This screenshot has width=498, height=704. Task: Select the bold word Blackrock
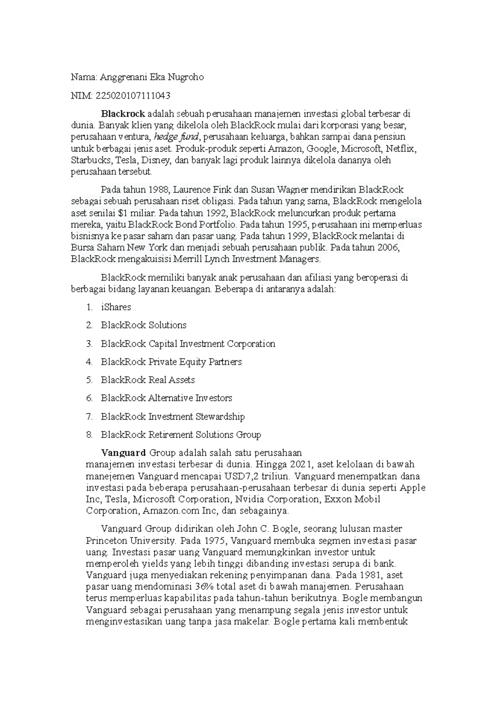click(123, 113)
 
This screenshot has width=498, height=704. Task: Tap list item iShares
click(116, 307)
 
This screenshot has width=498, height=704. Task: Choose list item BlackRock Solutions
click(144, 325)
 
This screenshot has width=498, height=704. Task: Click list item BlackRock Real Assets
click(148, 380)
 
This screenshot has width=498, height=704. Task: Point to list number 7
click(89, 416)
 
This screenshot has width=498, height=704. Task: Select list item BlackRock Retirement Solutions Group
click(181, 435)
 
